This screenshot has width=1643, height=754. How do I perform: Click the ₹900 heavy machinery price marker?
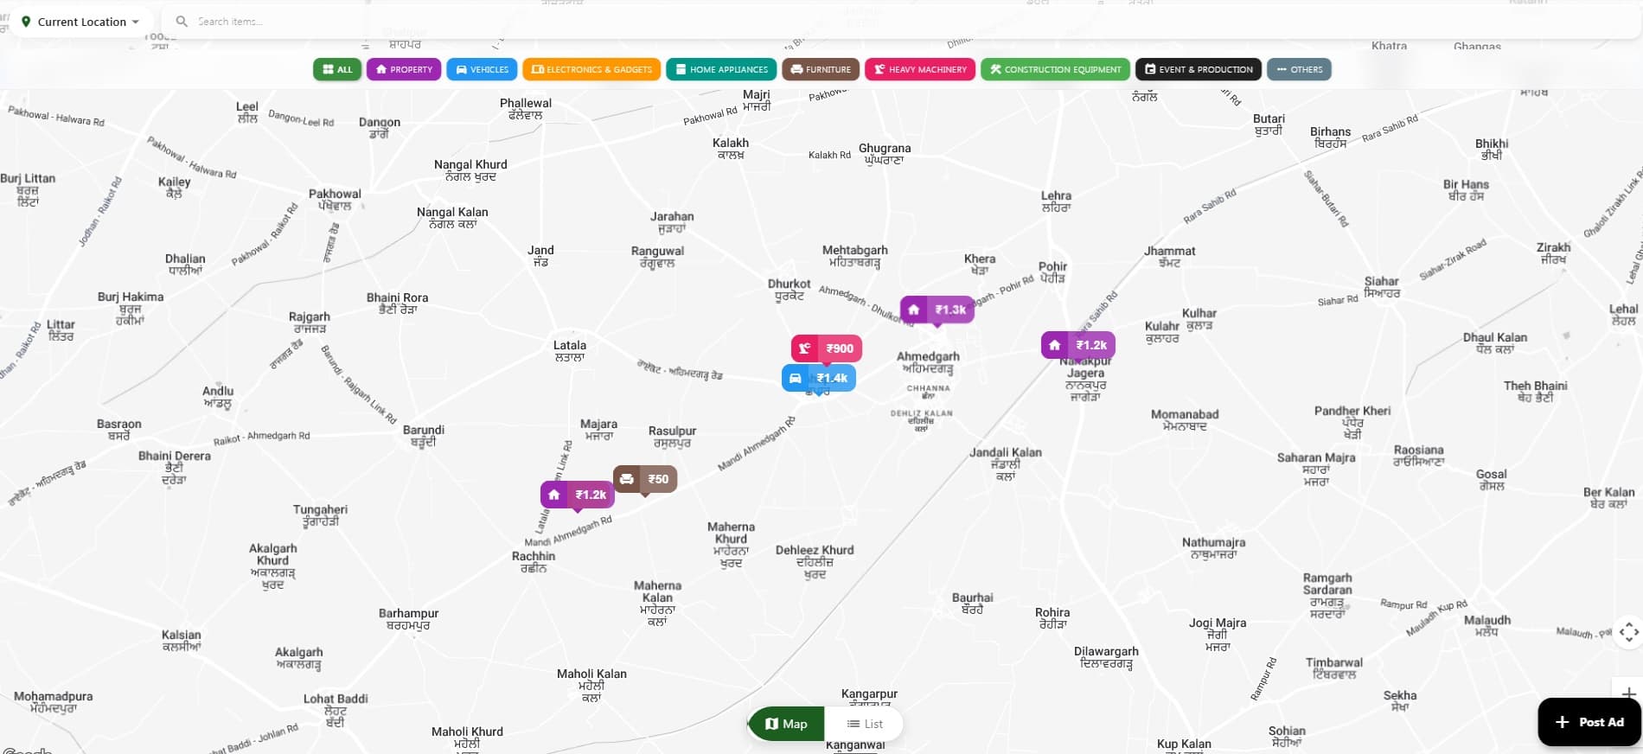click(x=827, y=348)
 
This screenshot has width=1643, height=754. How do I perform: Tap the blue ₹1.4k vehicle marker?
click(x=819, y=378)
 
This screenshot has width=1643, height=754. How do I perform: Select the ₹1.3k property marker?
click(x=937, y=310)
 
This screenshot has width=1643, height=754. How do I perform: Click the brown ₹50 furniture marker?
click(x=645, y=479)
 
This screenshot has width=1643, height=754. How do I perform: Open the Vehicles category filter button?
click(x=482, y=69)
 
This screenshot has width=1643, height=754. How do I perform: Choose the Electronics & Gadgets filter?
click(x=591, y=69)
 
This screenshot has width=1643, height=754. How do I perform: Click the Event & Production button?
click(x=1199, y=69)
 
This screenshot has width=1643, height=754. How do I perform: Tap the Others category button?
click(x=1299, y=69)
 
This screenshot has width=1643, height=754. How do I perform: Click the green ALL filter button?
click(x=337, y=69)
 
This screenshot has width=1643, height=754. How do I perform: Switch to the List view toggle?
click(x=865, y=724)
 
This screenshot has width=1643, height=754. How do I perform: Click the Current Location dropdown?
click(x=81, y=22)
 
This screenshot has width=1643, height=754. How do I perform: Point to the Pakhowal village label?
click(x=335, y=195)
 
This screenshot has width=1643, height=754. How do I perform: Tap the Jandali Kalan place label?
click(x=1006, y=452)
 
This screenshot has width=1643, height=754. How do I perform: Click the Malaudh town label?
click(x=1487, y=620)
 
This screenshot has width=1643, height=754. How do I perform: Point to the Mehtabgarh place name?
click(x=854, y=251)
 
